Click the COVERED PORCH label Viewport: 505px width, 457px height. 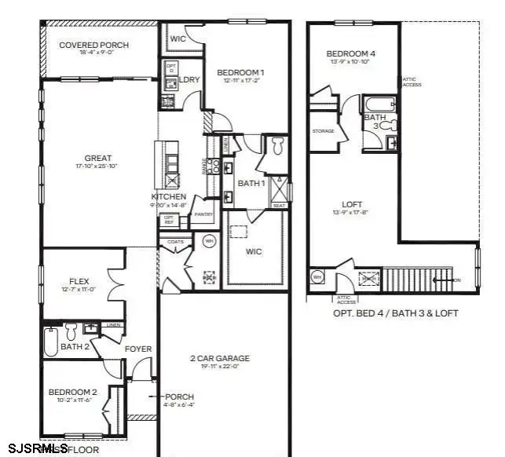(93, 45)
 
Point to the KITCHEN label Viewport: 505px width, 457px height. (169, 196)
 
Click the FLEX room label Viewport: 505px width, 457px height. (77, 280)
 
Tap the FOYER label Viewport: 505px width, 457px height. (138, 349)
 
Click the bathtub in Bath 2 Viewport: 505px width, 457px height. (51, 341)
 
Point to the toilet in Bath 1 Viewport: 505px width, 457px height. (276, 145)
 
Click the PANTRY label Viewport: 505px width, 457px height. (203, 214)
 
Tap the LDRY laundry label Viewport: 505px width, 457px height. (188, 79)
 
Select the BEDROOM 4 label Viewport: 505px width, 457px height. (350, 54)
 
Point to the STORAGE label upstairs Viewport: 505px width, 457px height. (323, 131)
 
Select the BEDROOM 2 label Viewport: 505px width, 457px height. (72, 392)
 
